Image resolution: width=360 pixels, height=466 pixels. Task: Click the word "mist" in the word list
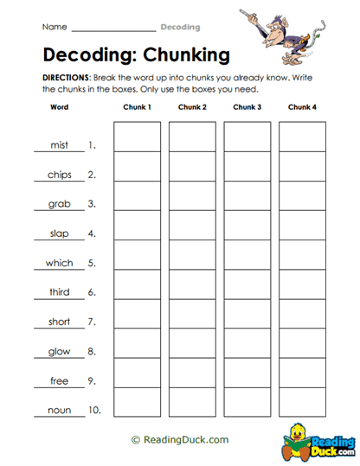click(59, 145)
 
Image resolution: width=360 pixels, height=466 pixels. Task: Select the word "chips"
click(59, 175)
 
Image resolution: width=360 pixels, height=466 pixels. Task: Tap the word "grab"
click(59, 204)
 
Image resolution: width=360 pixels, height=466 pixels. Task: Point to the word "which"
click(59, 263)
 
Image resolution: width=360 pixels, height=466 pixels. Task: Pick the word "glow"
click(59, 351)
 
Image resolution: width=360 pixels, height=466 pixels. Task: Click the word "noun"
click(59, 410)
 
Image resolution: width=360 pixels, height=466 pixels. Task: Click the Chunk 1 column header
click(137, 107)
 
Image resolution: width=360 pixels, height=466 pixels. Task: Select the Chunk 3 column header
click(247, 107)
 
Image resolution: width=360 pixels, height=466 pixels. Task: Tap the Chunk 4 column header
click(302, 107)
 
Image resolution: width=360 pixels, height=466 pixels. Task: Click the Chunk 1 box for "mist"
click(137, 137)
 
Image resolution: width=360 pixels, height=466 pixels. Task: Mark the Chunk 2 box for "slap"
click(192, 225)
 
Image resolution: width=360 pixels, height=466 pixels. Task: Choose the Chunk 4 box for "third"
click(302, 284)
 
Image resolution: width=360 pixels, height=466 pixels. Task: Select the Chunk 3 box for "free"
click(247, 372)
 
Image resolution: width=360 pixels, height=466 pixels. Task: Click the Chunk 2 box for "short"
click(192, 313)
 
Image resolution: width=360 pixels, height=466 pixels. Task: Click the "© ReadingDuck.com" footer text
click(180, 440)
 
